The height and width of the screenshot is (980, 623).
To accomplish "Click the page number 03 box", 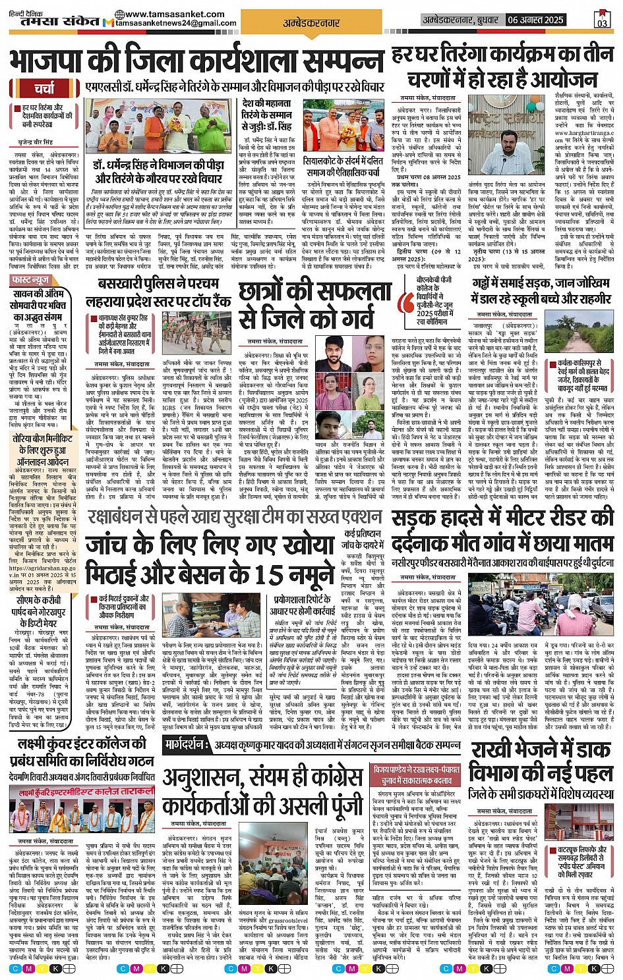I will pos(602,20).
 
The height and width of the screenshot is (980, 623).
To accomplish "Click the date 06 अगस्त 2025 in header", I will pos(535,20).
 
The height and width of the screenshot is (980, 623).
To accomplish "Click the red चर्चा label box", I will pos(45,88).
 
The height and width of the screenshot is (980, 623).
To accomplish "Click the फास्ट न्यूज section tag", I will pos(31,280).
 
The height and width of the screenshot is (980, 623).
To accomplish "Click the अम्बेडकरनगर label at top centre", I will pos(311,23).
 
